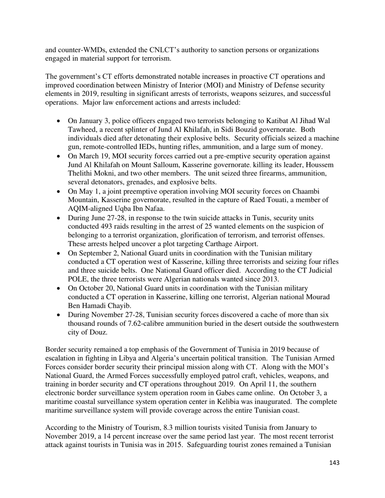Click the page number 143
[334, 463]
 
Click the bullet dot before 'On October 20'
[59, 288]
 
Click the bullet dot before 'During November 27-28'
[59, 315]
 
